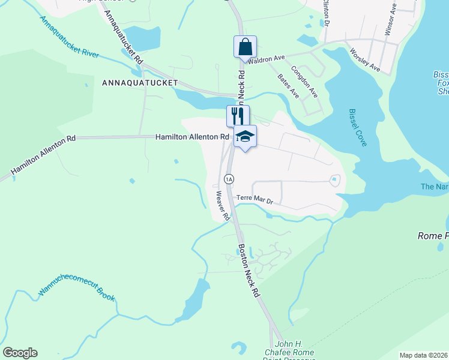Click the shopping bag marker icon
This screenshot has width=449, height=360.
[x=245, y=47]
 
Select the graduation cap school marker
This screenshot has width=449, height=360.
[x=245, y=137]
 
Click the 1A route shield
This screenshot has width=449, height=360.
[x=229, y=179]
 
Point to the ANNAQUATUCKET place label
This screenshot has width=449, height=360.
[x=140, y=82]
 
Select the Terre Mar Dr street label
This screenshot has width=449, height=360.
[x=255, y=199]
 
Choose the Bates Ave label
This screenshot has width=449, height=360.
[x=288, y=85]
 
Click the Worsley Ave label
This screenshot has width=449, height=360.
[x=365, y=60]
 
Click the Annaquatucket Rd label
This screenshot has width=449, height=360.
[x=124, y=37]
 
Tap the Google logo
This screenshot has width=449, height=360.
[x=20, y=353]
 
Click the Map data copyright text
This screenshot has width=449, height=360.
[x=424, y=355]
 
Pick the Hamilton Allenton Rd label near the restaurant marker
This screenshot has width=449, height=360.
[x=192, y=137]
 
